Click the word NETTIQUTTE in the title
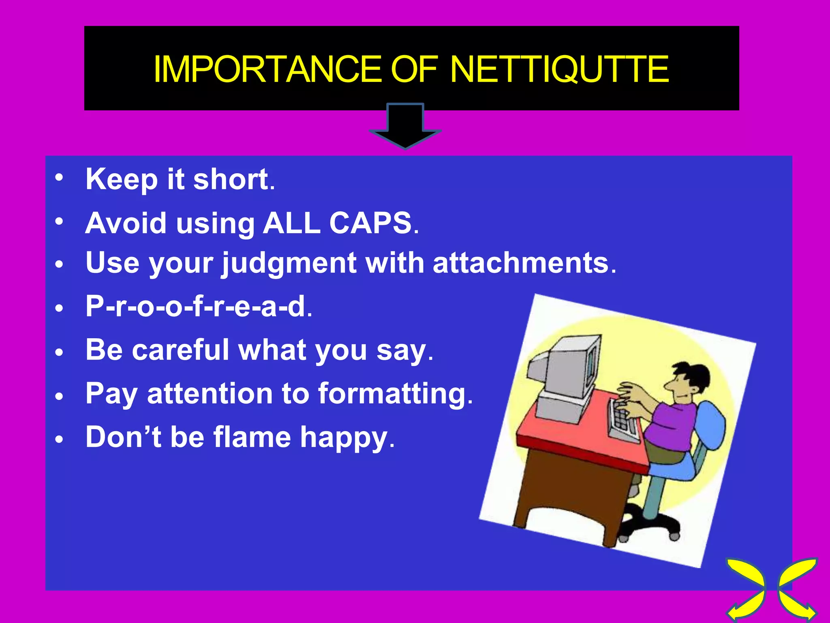[559, 69]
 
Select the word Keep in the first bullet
[122, 180]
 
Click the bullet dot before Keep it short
[60, 177]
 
